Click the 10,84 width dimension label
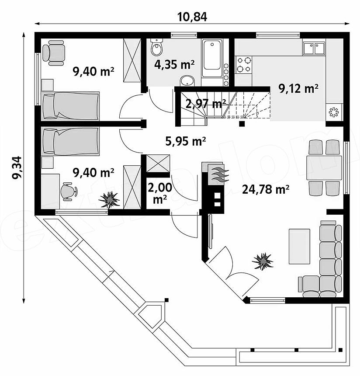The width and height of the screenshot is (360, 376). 192,17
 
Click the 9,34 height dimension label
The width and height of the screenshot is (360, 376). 17,167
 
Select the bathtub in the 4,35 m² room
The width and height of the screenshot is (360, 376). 212,58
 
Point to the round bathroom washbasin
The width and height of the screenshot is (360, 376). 187,81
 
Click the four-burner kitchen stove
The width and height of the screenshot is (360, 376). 244,65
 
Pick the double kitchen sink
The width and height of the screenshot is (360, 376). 314,49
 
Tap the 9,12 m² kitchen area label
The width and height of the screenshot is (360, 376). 298,88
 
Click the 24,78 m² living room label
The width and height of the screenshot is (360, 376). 266,189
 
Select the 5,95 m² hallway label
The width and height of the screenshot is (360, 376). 186,141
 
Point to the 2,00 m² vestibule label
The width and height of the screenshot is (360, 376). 160,193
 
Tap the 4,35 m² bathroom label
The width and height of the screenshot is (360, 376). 174,65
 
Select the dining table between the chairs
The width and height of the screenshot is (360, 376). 324,167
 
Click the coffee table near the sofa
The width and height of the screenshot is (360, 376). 299,246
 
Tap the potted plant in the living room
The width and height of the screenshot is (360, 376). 263,261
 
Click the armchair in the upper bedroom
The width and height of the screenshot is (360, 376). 54,53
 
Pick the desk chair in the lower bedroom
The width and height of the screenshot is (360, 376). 69,191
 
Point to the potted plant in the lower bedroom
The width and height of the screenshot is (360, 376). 109,199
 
